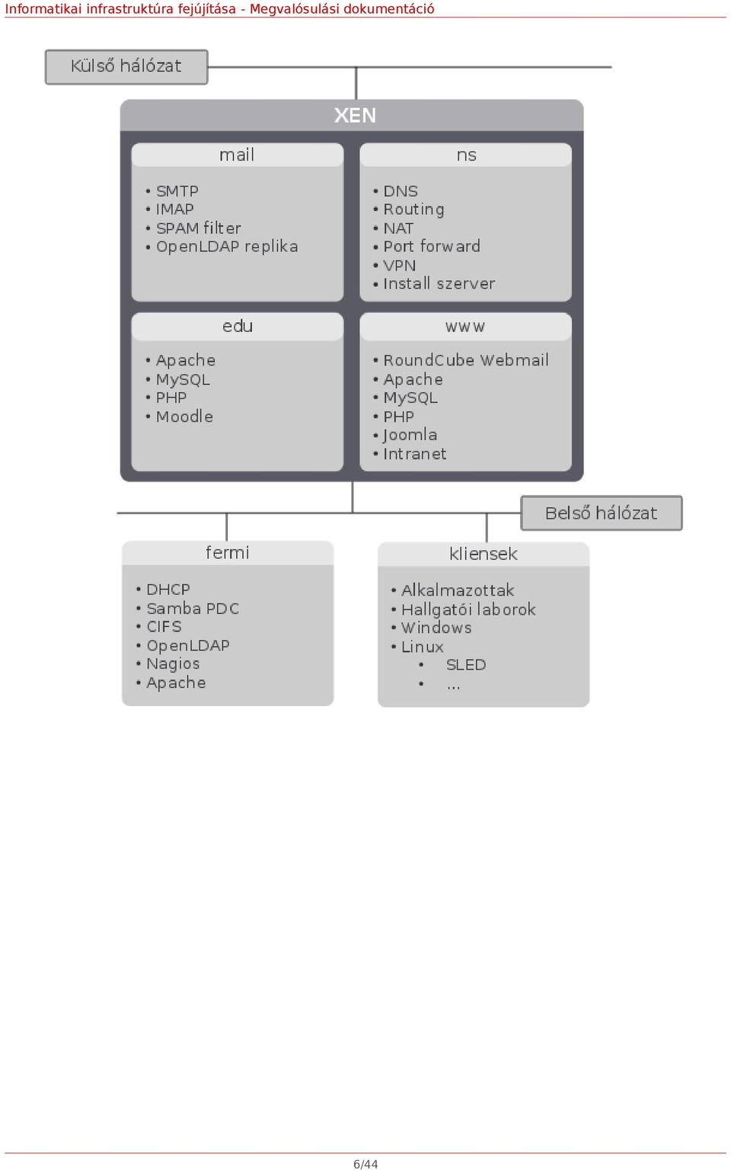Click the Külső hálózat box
tap(126, 67)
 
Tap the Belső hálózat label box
tap(602, 513)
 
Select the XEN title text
tap(355, 116)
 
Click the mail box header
tap(238, 155)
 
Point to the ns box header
tap(466, 155)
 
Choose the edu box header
tap(238, 327)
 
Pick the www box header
tap(466, 327)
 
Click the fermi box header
tap(228, 552)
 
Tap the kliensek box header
tap(484, 554)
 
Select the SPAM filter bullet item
tap(199, 229)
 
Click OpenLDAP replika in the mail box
tap(227, 247)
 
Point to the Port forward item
tap(432, 247)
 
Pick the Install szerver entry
tap(439, 283)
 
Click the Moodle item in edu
tap(184, 417)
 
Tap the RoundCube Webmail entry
tap(466, 360)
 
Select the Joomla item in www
tap(410, 435)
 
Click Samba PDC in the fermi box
tap(193, 609)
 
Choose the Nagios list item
tap(173, 664)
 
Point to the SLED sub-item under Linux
tap(466, 665)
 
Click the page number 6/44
tap(365, 1164)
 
